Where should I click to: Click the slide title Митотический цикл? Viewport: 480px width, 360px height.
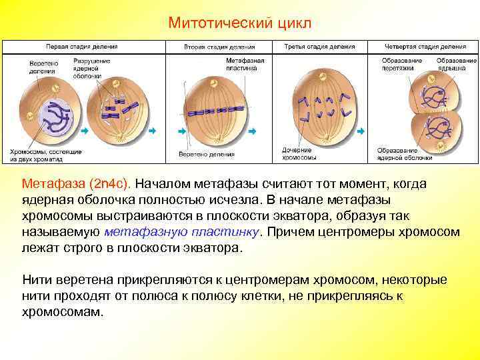click(x=239, y=23)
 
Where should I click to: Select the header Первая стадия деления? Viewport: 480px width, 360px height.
click(x=81, y=47)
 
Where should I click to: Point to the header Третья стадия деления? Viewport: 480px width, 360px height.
click(x=315, y=47)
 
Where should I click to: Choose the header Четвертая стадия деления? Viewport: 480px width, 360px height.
click(x=425, y=47)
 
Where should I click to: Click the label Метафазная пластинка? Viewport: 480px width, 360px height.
click(x=245, y=64)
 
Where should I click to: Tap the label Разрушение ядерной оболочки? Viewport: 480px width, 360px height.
click(x=86, y=68)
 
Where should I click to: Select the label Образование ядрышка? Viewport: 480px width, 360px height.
click(x=457, y=64)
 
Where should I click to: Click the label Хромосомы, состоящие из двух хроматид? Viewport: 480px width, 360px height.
click(x=46, y=155)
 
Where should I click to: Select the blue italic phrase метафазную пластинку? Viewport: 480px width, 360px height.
click(x=183, y=232)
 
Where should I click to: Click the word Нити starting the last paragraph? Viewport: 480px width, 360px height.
click(x=35, y=279)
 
